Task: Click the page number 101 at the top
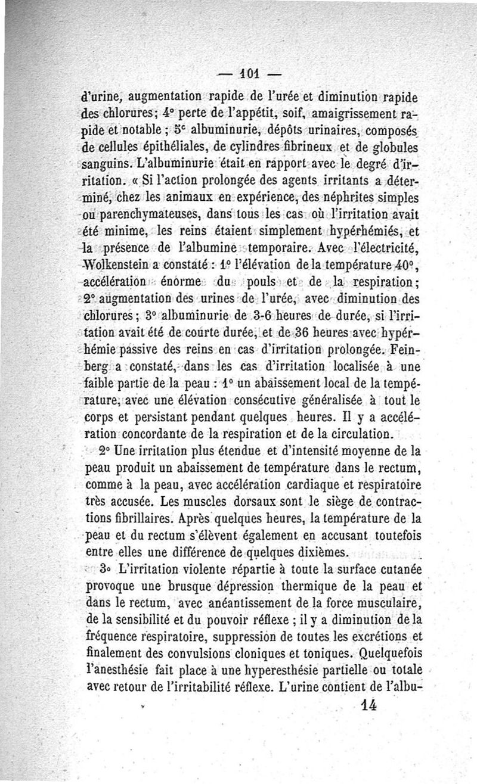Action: (x=241, y=76)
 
